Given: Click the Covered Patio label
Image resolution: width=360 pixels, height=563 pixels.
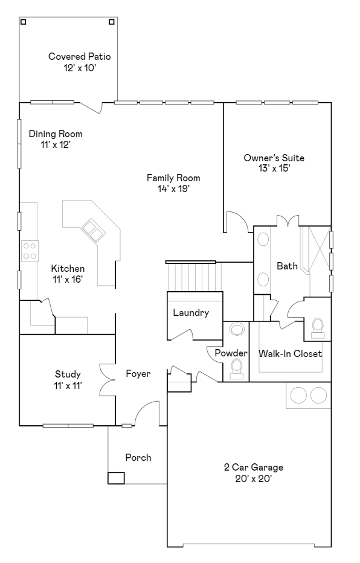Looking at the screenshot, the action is pyautogui.click(x=79, y=56).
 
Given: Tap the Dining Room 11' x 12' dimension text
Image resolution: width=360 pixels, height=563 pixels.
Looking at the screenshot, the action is pyautogui.click(x=56, y=145).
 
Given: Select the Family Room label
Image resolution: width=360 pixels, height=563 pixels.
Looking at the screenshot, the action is pyautogui.click(x=173, y=178).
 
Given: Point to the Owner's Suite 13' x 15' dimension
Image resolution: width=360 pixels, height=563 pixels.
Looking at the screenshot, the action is pyautogui.click(x=274, y=169).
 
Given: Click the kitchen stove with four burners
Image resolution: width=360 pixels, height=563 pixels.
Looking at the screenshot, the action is pyautogui.click(x=30, y=251).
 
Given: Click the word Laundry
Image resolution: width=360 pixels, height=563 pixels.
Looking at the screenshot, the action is pyautogui.click(x=191, y=313).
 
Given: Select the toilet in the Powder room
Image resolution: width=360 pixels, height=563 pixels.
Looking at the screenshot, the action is pyautogui.click(x=236, y=369).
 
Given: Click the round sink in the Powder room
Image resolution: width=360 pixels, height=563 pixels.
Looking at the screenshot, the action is pyautogui.click(x=237, y=329).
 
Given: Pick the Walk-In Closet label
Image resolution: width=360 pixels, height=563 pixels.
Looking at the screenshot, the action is pyautogui.click(x=290, y=353).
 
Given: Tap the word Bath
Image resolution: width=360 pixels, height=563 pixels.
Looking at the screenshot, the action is pyautogui.click(x=287, y=266).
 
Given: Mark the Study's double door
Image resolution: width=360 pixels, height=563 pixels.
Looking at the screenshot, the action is pyautogui.click(x=108, y=380).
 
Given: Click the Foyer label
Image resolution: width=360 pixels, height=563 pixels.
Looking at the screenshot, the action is pyautogui.click(x=138, y=374).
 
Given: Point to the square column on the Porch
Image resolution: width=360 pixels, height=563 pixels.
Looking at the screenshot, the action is pyautogui.click(x=116, y=478).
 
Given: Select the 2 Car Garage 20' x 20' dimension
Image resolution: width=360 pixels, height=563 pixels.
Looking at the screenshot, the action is pyautogui.click(x=254, y=478).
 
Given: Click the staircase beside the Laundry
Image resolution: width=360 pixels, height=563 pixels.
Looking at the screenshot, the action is pyautogui.click(x=194, y=277).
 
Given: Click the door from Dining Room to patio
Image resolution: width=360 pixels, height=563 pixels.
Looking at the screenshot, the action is pyautogui.click(x=91, y=108).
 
